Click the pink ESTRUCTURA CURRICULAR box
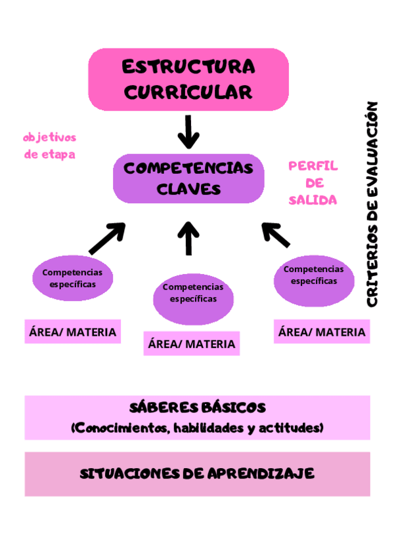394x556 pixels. [188, 79]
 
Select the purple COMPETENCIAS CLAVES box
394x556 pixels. [188, 178]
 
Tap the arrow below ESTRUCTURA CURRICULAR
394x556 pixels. [188, 132]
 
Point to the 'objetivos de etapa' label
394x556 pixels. [49, 146]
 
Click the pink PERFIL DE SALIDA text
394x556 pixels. [313, 183]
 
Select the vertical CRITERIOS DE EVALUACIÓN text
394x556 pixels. [372, 204]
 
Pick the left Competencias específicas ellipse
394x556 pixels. [72, 279]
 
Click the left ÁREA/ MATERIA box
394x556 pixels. [72, 332]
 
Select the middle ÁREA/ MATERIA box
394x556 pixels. [191, 344]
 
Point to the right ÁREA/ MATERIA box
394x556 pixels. [321, 332]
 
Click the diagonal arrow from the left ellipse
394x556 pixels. [107, 239]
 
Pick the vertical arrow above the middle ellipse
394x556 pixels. [188, 238]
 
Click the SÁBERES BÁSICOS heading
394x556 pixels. [197, 408]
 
